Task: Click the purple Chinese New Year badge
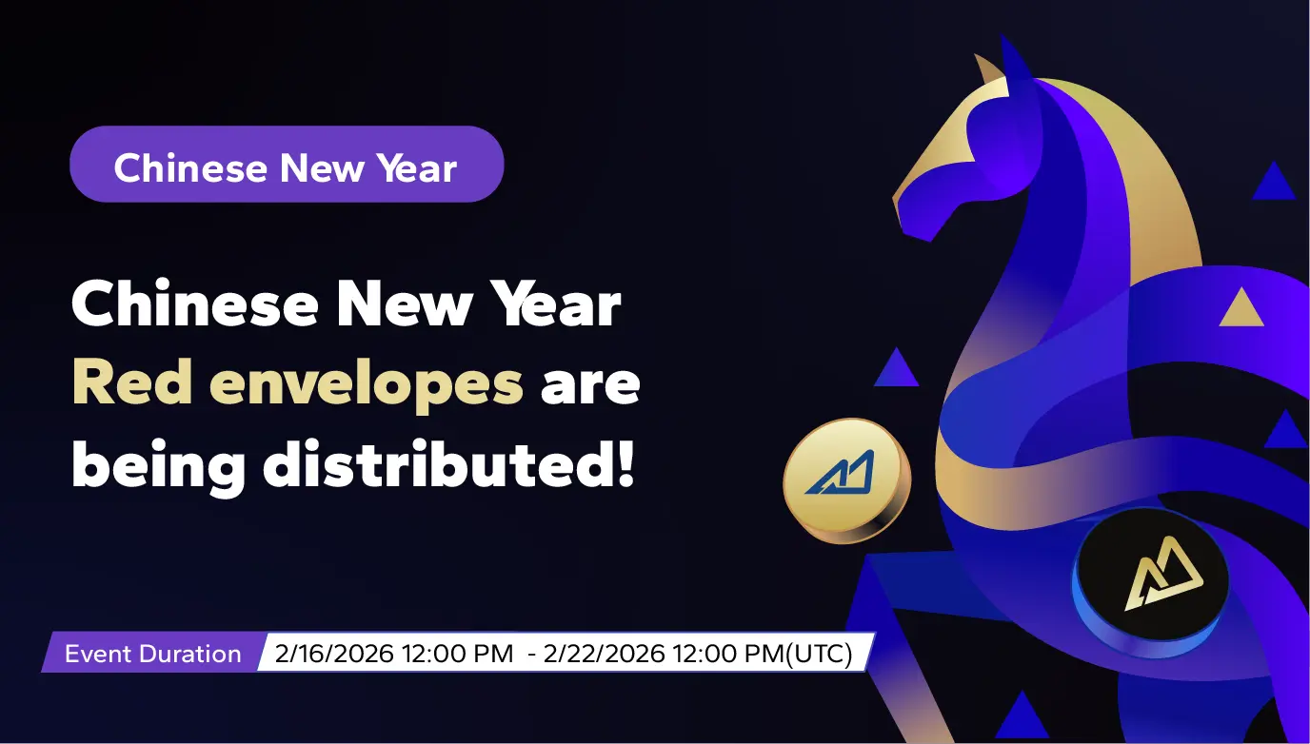click(x=287, y=165)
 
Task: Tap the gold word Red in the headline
click(x=132, y=382)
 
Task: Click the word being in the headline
click(x=158, y=467)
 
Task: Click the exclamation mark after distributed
click(x=626, y=463)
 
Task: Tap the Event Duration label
click(x=152, y=654)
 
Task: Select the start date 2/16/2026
click(x=334, y=654)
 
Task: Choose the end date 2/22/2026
click(x=605, y=654)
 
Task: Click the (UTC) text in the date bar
click(x=819, y=654)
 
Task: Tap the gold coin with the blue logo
click(x=846, y=480)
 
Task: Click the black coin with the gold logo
click(x=1150, y=581)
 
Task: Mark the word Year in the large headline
click(x=554, y=303)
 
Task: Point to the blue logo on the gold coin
click(x=841, y=472)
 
